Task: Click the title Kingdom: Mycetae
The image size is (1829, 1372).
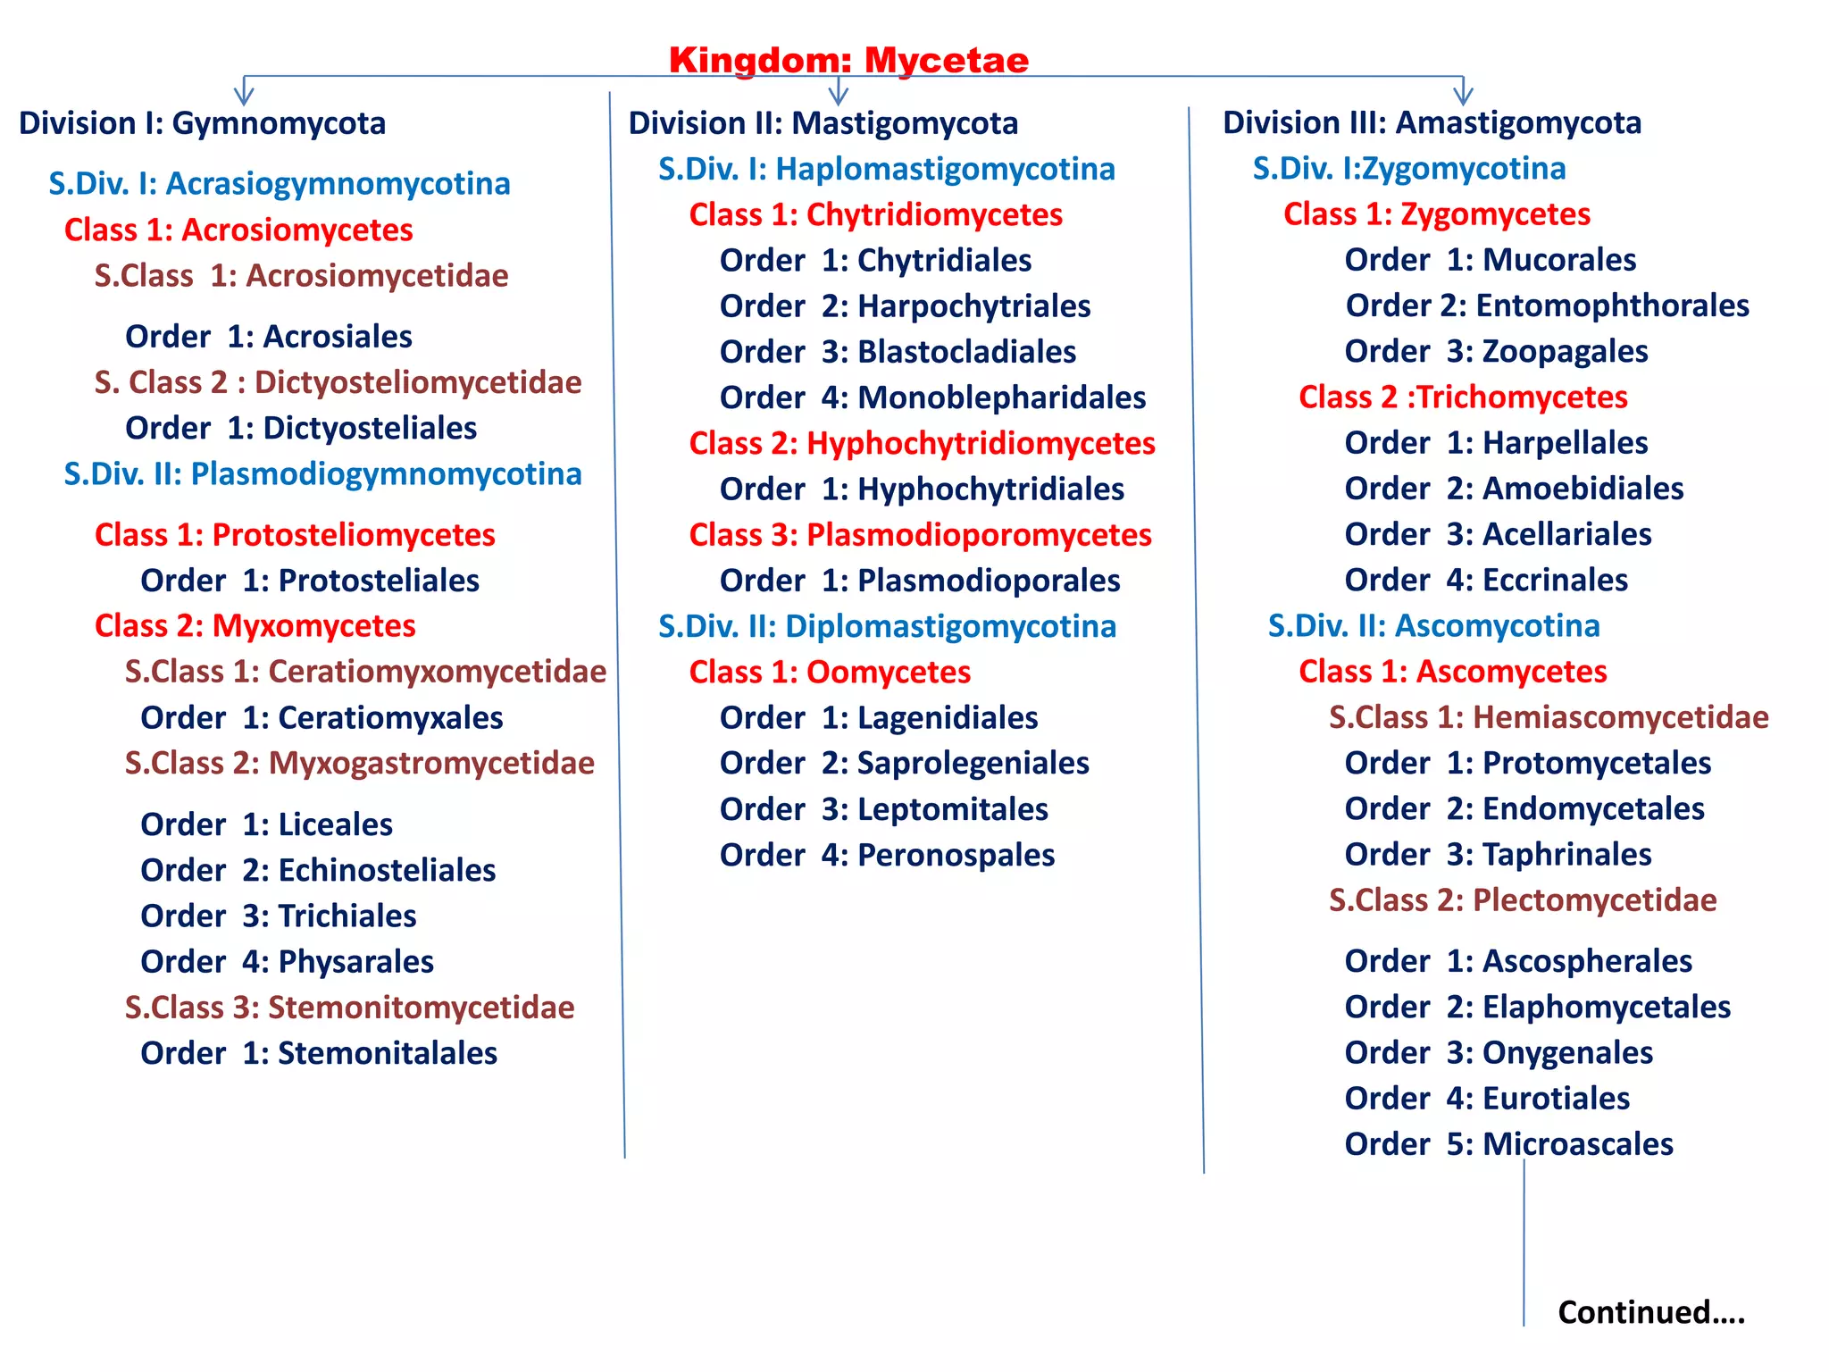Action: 848,61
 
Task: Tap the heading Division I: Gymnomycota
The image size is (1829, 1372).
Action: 203,123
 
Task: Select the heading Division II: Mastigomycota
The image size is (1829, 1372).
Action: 823,123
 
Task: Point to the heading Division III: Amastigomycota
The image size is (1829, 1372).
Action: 1432,123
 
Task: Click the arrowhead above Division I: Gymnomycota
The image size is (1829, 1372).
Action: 244,93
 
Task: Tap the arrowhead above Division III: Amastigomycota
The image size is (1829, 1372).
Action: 1463,93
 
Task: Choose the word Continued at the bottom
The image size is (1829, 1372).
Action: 1633,1312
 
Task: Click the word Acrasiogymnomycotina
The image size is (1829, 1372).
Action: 338,184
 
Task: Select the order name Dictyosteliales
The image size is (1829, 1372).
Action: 370,429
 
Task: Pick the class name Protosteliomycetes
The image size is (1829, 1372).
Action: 353,535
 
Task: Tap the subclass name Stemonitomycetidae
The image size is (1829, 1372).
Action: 421,1008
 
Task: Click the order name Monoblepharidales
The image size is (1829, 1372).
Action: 1001,398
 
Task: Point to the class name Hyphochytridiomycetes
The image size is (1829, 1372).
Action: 981,444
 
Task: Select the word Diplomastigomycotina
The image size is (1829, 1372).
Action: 950,627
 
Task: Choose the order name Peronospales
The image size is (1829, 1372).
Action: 956,856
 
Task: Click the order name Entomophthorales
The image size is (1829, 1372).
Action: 1612,306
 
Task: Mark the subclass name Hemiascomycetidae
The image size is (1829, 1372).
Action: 1620,717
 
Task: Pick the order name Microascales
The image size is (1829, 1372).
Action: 1577,1144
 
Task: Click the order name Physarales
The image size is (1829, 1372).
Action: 355,962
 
